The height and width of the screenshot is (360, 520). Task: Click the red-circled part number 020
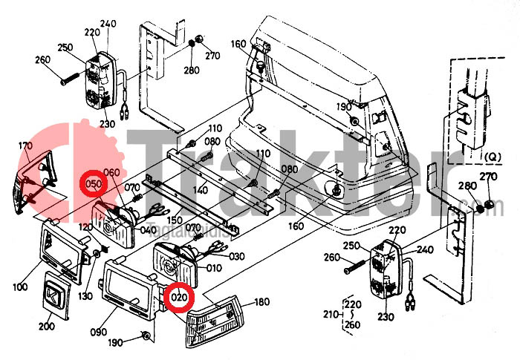[179, 298]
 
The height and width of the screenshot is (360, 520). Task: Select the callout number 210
[329, 315]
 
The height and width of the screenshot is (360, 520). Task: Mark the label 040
[149, 230]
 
